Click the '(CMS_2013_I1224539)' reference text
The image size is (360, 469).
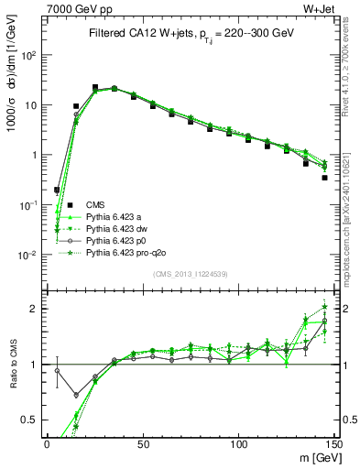(x=190, y=272)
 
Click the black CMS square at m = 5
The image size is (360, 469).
(x=57, y=191)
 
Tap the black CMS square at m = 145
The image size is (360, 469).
(x=324, y=178)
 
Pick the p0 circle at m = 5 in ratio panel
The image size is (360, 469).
(x=57, y=371)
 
